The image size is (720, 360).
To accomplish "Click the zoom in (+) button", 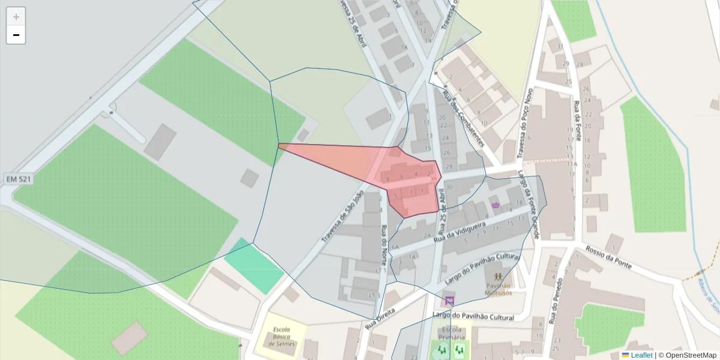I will (x=16, y=17).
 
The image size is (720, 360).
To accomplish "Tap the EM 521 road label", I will (x=19, y=179).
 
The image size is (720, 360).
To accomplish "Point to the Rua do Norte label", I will (x=383, y=248).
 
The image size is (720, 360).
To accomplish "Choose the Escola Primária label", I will (x=451, y=334).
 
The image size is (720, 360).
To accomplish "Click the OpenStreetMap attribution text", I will (x=687, y=355).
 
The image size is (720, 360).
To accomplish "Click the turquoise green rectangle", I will (x=254, y=265).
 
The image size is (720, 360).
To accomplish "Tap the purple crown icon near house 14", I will (x=496, y=205).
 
